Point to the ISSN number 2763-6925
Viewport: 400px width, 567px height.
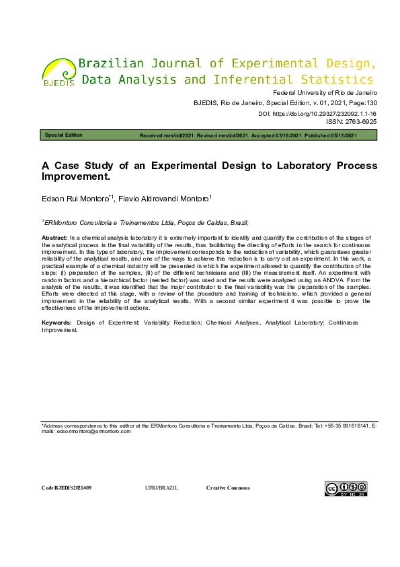(362, 123)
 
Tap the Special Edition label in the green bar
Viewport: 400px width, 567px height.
(64, 135)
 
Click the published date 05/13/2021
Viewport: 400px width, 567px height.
(356, 135)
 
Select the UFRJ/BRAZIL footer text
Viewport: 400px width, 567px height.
(161, 488)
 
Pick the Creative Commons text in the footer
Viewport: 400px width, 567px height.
(228, 488)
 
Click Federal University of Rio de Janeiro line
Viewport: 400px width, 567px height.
(325, 93)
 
